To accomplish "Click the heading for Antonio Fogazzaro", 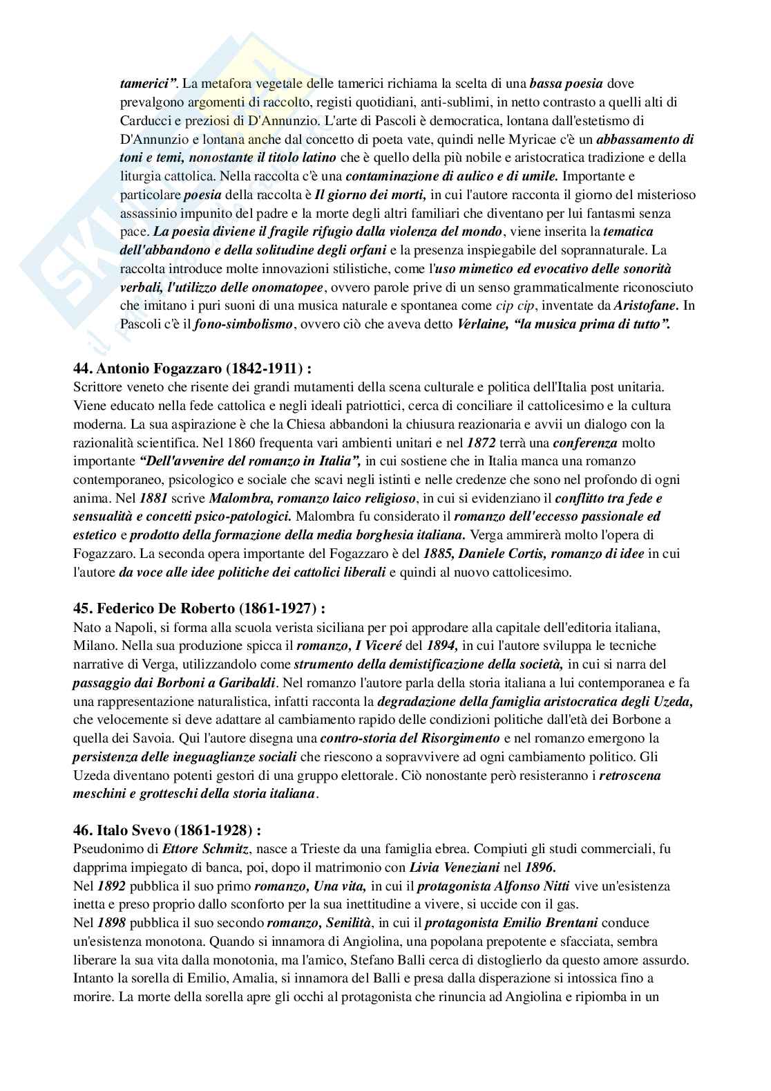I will (197, 368).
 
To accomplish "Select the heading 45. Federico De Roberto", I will (199, 609).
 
